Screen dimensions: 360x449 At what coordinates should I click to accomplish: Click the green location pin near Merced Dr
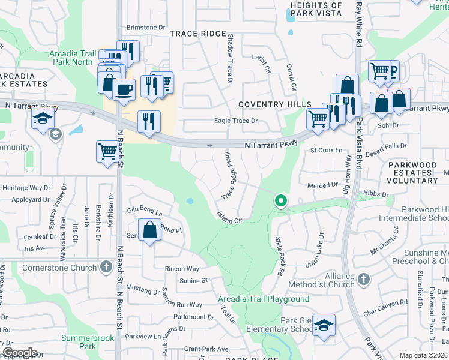[280, 201]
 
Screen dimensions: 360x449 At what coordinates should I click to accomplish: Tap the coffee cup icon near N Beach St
[124, 91]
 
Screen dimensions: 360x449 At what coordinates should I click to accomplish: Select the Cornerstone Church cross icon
[106, 266]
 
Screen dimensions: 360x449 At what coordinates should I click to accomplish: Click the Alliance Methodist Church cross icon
[363, 279]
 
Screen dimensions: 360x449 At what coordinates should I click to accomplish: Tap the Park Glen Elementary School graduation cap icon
[324, 326]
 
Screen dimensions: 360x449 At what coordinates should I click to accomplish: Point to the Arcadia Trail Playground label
[264, 299]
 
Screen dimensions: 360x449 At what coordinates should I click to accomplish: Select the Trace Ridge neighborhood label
[197, 34]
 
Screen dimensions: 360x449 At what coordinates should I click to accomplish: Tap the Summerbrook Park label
[88, 342]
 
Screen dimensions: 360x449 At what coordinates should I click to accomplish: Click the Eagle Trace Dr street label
[236, 121]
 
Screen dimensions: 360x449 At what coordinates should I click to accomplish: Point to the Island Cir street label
[229, 217]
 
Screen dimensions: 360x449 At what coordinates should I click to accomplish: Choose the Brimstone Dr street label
[146, 28]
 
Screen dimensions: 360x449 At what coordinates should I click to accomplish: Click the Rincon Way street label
[182, 269]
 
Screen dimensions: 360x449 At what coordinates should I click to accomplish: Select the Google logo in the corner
[20, 353]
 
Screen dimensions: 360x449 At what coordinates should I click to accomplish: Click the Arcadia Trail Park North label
[71, 58]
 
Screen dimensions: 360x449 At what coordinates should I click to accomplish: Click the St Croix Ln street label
[327, 150]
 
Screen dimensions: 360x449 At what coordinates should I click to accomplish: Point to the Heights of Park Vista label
[316, 9]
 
